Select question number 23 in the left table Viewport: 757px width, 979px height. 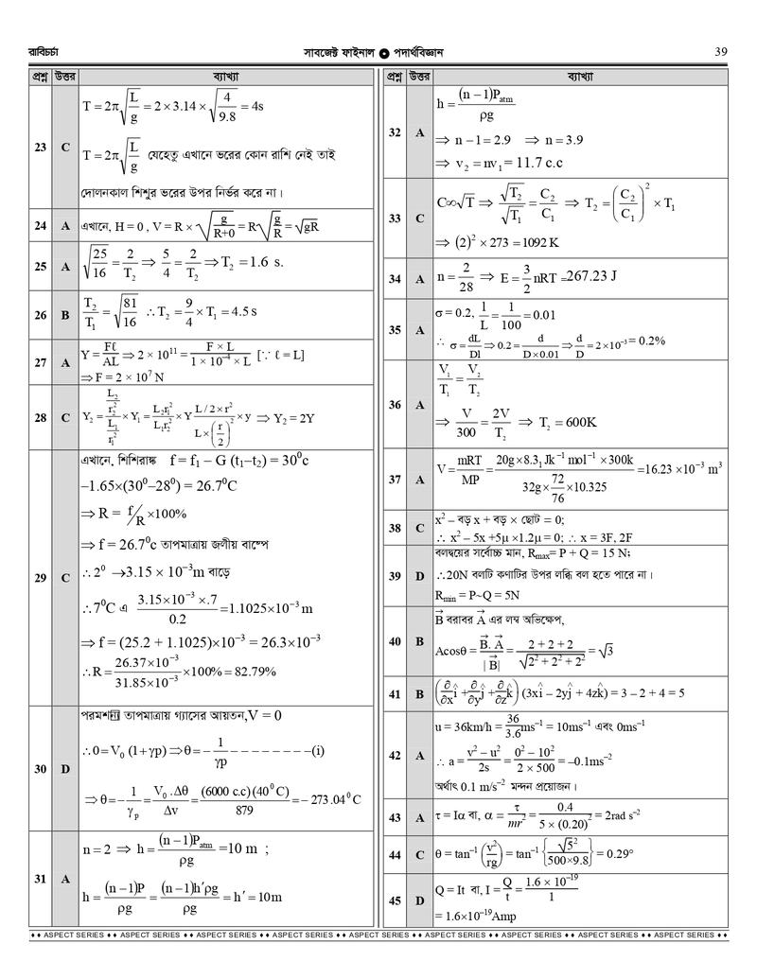tap(40, 148)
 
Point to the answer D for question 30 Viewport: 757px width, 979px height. tap(65, 769)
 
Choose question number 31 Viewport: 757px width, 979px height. tap(40, 879)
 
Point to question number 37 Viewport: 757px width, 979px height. tap(395, 480)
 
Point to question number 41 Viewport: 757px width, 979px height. tap(395, 693)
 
